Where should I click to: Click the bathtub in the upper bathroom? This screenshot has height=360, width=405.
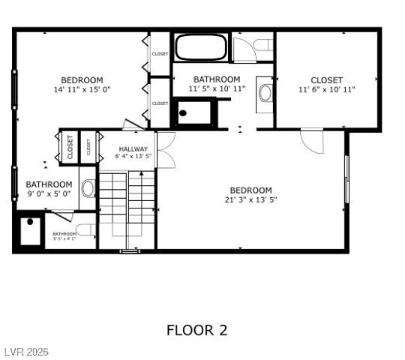point(200,47)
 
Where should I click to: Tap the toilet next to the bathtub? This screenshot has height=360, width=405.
point(260,46)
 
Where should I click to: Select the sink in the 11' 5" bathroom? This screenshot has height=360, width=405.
point(265,92)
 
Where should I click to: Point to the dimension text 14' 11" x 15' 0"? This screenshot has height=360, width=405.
point(82,89)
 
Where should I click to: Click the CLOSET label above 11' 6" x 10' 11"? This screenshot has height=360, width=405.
point(326,80)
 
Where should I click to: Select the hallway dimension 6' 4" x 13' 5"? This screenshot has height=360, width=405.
point(133,157)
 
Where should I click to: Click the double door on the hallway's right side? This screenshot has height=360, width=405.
point(165,150)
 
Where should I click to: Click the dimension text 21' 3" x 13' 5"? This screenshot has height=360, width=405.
point(251,199)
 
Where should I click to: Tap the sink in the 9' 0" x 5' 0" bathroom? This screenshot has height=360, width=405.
point(87,187)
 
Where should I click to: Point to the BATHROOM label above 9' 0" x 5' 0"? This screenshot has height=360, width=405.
point(49,184)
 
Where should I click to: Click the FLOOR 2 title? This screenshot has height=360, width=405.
point(196,330)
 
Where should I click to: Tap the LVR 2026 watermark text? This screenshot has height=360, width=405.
point(25,351)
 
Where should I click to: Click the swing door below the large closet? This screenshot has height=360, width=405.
point(312,140)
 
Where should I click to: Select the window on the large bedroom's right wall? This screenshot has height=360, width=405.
point(346,178)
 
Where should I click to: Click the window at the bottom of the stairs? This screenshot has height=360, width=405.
point(129,251)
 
